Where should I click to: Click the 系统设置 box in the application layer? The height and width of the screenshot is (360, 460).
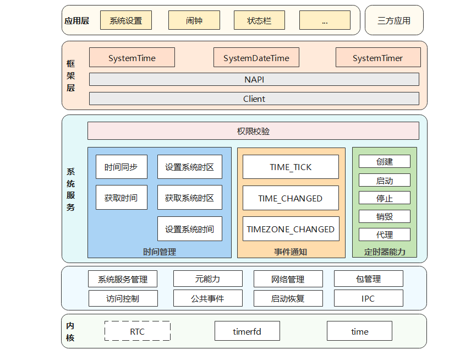coord(125,21)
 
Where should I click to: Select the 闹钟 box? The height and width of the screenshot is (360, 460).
coord(194,21)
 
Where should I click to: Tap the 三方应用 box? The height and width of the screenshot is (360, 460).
coord(394,21)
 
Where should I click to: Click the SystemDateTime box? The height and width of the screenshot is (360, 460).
coord(256,58)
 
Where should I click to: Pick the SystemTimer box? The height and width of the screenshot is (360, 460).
coord(377,58)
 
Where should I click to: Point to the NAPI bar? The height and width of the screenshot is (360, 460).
coord(254,79)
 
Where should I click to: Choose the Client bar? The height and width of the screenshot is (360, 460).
coord(254,99)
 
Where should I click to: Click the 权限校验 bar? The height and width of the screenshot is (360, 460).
coord(253,131)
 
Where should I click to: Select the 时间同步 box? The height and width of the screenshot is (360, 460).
coord(121,167)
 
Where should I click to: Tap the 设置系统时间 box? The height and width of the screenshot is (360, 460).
coord(189,229)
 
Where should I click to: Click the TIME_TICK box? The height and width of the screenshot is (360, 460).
coord(291,167)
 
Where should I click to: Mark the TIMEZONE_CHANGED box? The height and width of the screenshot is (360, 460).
coord(291,229)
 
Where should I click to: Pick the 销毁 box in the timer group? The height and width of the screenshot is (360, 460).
coord(385,216)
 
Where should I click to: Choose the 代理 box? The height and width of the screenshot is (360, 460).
coord(385,234)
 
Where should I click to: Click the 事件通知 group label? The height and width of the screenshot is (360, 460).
coord(291,252)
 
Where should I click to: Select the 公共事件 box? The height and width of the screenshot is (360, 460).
coord(207,299)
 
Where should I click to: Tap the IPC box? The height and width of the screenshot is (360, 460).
coord(368,299)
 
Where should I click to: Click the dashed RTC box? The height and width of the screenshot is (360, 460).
coord(137,331)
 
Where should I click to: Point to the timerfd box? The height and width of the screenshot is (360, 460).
coord(247,331)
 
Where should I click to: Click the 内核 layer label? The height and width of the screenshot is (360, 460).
coord(70,331)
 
